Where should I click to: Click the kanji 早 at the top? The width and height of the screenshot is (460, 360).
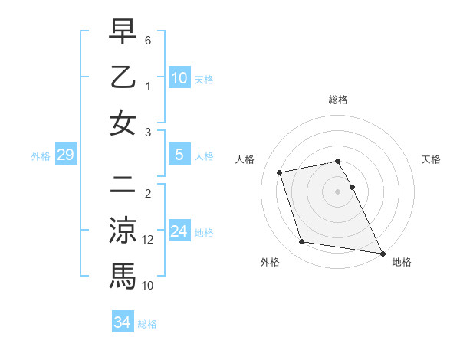click(x=123, y=33)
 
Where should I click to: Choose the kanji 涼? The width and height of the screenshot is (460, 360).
click(x=123, y=231)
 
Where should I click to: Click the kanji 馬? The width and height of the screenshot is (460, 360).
click(x=123, y=276)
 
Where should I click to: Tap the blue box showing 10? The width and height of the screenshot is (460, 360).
click(x=179, y=77)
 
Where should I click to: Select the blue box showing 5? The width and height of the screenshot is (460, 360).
click(x=179, y=155)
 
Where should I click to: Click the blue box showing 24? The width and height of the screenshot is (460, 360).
click(x=179, y=231)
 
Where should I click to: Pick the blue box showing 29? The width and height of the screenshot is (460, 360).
click(x=65, y=155)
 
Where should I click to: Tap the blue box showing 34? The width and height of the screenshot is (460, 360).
click(x=122, y=322)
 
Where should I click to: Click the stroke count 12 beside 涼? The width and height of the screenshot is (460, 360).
click(x=149, y=240)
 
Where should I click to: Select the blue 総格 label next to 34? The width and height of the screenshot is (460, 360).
click(x=147, y=324)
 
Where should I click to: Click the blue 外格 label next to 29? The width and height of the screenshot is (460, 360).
click(x=41, y=156)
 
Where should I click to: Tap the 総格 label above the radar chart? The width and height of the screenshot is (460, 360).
click(x=337, y=100)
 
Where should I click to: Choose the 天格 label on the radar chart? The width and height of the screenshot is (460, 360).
click(x=431, y=159)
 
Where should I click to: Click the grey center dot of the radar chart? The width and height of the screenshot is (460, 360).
click(x=337, y=191)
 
